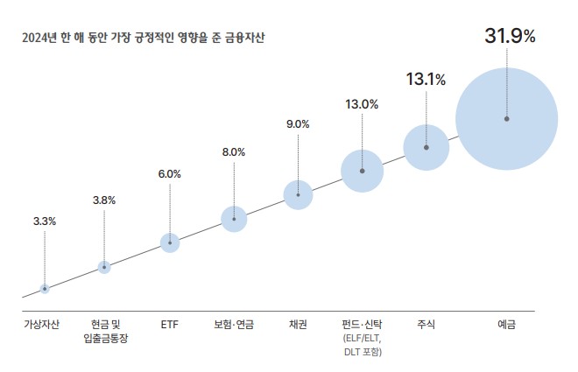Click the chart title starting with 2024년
click(x=144, y=39)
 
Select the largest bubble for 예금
click(x=506, y=118)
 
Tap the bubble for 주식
click(x=426, y=147)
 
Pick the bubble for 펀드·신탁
click(x=362, y=171)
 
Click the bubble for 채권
click(x=298, y=194)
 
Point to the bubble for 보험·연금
click(x=234, y=218)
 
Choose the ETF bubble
click(x=170, y=242)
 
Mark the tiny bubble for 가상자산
click(x=45, y=288)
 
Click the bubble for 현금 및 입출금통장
click(x=104, y=266)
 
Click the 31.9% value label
click(x=510, y=37)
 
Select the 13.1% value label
click(x=426, y=80)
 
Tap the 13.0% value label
click(x=362, y=104)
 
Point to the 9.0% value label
click(x=298, y=124)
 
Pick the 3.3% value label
click(x=45, y=221)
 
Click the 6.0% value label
click(x=170, y=174)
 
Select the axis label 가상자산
click(x=42, y=325)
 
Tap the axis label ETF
click(x=170, y=325)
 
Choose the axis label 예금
click(x=506, y=325)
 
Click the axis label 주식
click(x=426, y=325)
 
